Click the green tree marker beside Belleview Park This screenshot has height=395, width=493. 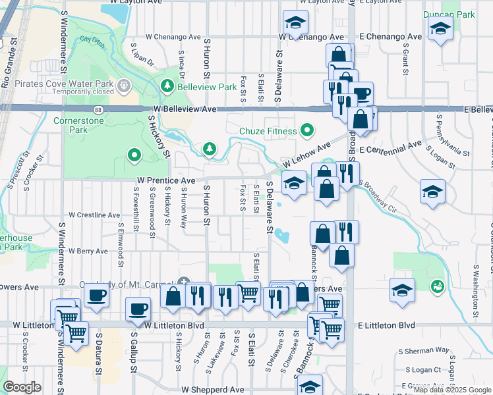[x=168, y=87]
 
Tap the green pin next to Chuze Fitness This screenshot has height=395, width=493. [x=306, y=130]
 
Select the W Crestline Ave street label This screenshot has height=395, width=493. [x=95, y=215]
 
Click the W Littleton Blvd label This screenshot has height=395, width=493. [x=174, y=325]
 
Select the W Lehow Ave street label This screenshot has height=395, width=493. [x=306, y=155]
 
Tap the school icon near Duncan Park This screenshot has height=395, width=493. [x=440, y=30]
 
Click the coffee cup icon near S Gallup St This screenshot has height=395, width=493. [x=138, y=309]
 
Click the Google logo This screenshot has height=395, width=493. [x=22, y=387]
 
